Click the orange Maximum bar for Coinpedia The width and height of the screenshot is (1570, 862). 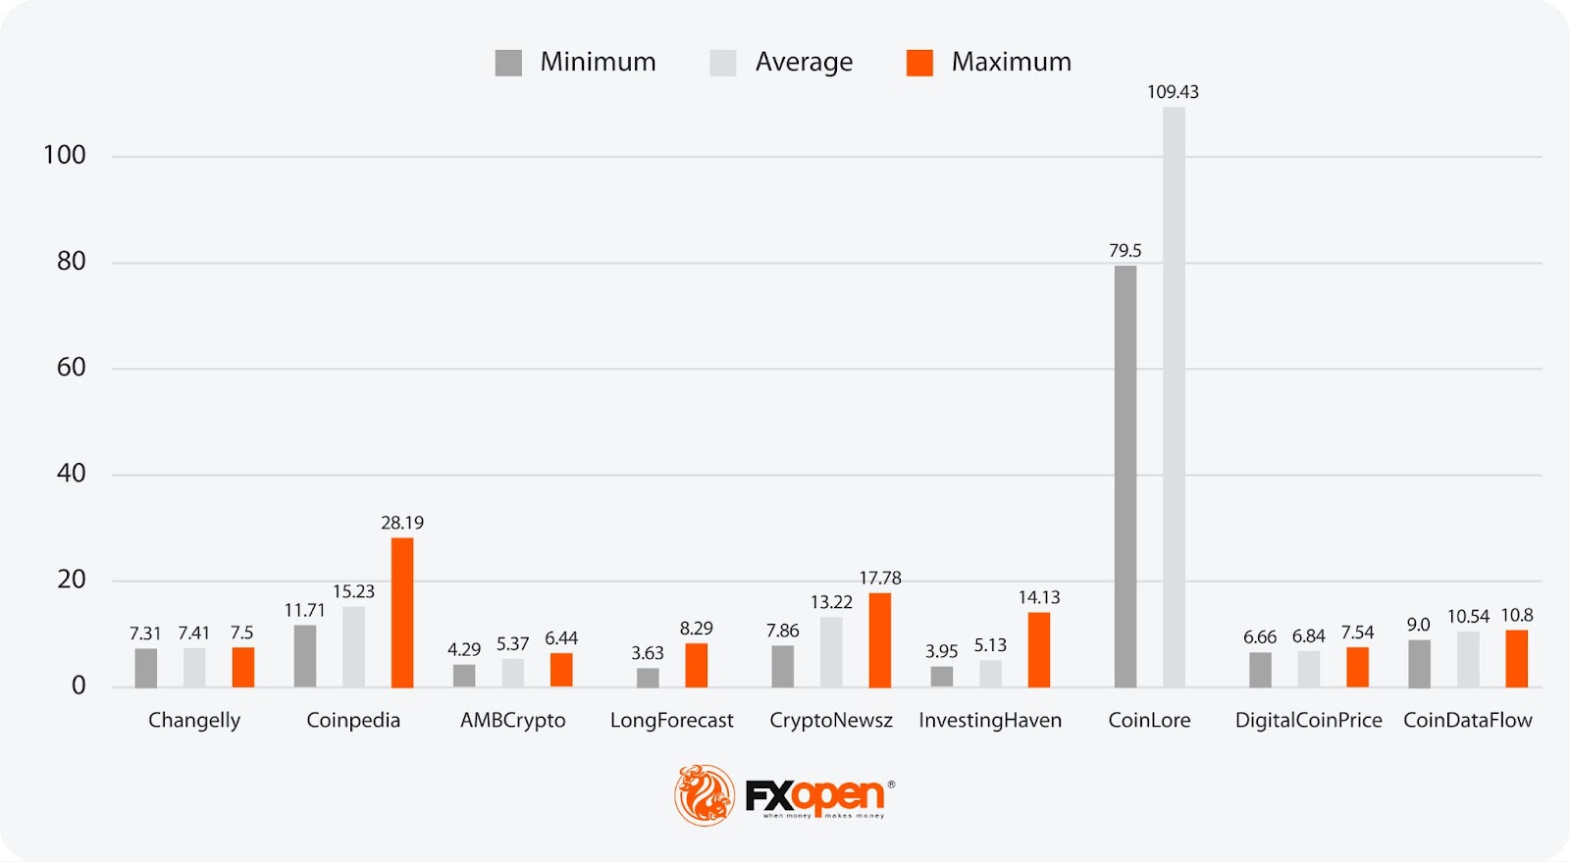click(402, 612)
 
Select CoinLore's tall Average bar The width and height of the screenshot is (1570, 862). click(1174, 397)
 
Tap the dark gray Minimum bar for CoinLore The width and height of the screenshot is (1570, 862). click(1125, 477)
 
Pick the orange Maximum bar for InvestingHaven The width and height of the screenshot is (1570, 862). click(1039, 649)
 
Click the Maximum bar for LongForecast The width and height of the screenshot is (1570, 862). click(697, 665)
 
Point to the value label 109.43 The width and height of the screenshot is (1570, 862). click(1173, 92)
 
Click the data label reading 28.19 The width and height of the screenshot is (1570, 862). click(402, 523)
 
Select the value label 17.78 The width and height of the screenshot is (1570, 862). click(880, 578)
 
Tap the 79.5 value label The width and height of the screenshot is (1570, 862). click(1125, 251)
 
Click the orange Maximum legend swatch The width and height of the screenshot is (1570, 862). click(919, 63)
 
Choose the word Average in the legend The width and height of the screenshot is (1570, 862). click(804, 63)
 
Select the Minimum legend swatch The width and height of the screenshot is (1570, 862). click(508, 63)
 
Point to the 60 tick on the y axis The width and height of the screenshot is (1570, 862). click(72, 367)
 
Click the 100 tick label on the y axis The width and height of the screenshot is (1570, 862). click(65, 155)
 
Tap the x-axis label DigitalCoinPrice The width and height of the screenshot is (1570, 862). click(1308, 720)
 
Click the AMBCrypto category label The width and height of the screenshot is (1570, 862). click(513, 720)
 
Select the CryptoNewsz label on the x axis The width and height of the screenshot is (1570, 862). click(831, 720)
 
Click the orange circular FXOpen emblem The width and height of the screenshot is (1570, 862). click(705, 794)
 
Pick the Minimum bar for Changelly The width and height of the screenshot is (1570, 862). click(146, 668)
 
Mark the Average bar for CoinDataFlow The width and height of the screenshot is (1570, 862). click(1468, 659)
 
